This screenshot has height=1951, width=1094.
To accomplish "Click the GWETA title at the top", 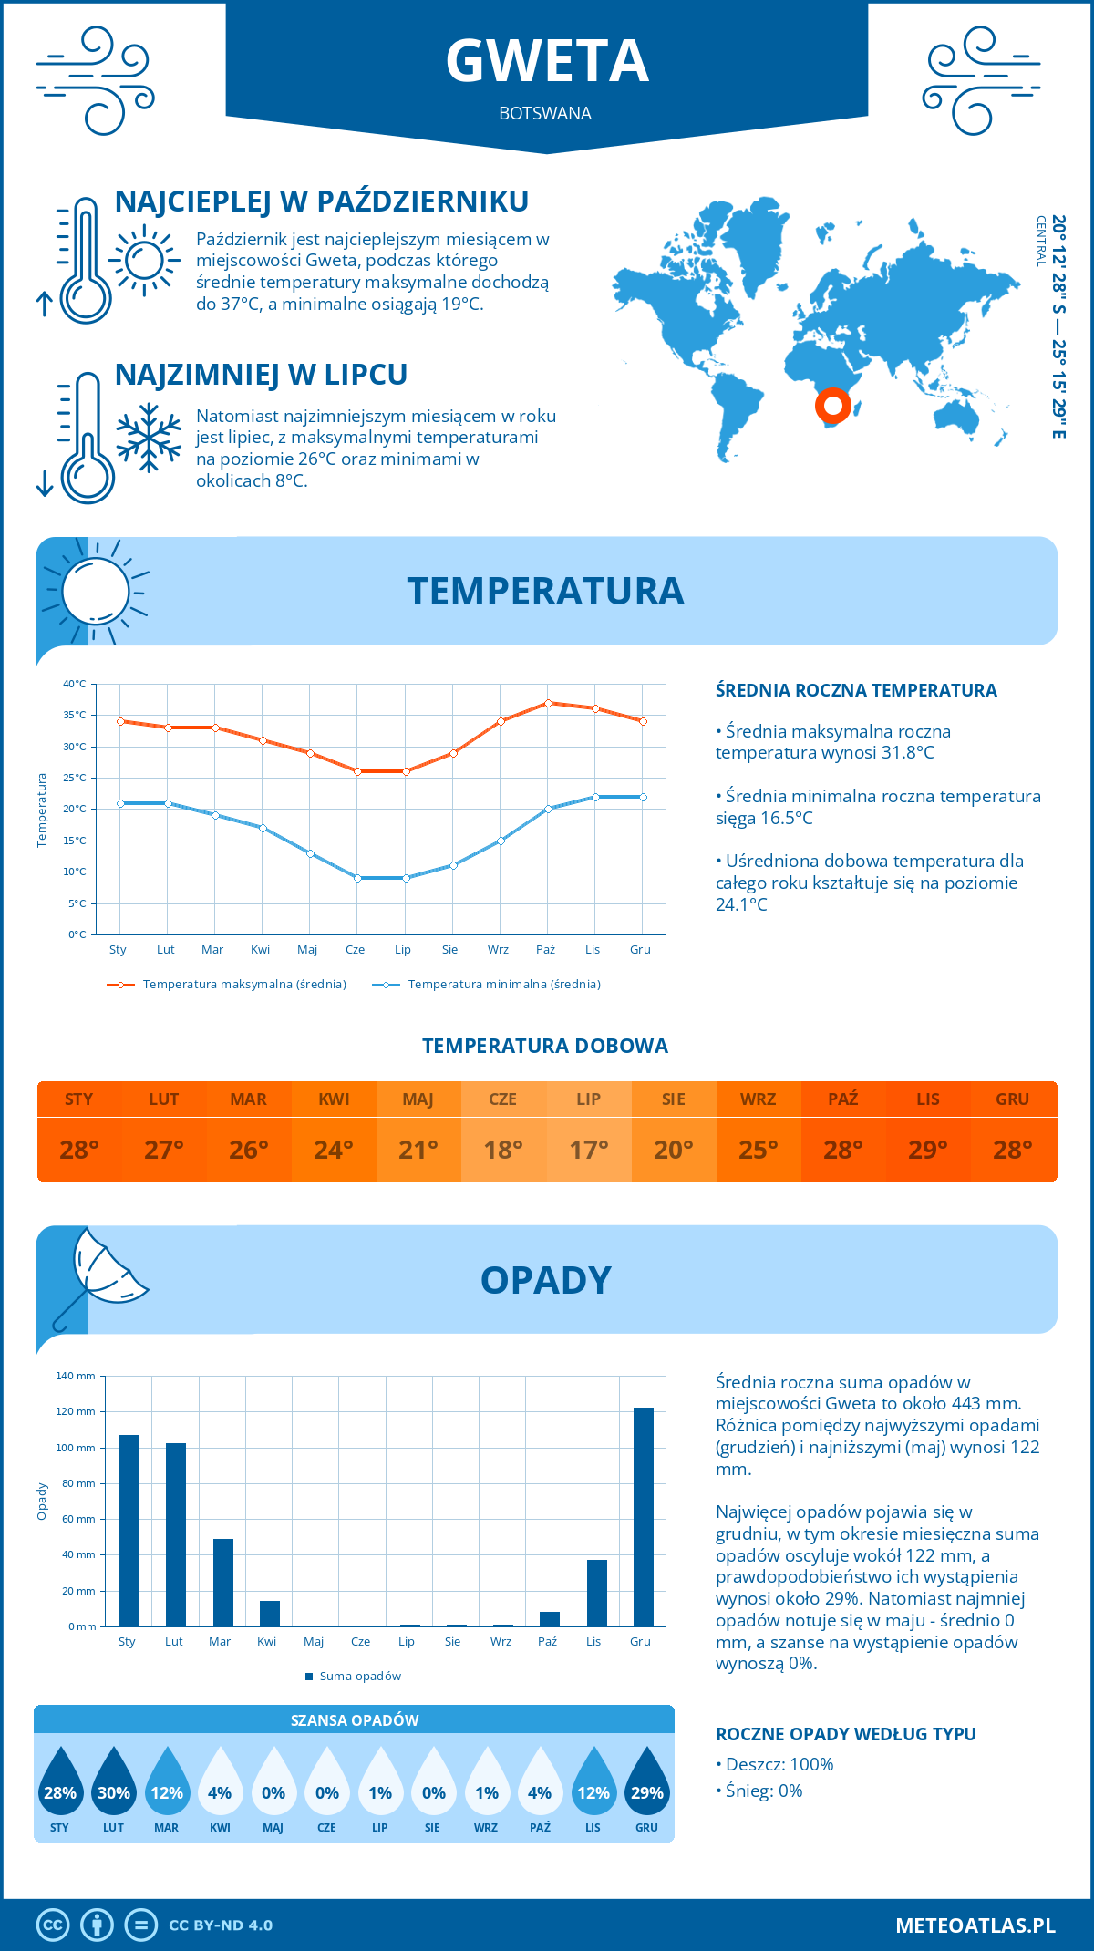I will coord(547,61).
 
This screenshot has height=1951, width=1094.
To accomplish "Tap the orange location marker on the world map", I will coord(832,405).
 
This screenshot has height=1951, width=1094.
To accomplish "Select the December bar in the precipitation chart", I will coord(644,1517).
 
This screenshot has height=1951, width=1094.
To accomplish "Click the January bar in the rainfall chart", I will coord(129,1531).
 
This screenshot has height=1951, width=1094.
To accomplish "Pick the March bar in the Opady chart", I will coord(223,1583).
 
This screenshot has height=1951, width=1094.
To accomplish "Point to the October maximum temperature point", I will coord(548,703).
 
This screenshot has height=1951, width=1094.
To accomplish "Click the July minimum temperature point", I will coord(406,878).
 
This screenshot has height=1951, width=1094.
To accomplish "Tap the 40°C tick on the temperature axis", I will coord(75,684).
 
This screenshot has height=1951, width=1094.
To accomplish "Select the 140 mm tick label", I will coord(76,1376).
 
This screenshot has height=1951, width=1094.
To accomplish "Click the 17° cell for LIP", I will coord(589,1150).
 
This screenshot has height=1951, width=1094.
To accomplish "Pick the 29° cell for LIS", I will coord(928,1150).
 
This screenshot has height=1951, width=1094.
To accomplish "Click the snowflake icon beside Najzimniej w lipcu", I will coord(149,438).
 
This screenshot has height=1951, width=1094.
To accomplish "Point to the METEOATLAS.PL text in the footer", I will coord(975,1925).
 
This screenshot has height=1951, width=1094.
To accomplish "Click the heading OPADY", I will coord(546,1280).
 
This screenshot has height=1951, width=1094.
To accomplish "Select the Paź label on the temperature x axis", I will coord(545,950).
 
